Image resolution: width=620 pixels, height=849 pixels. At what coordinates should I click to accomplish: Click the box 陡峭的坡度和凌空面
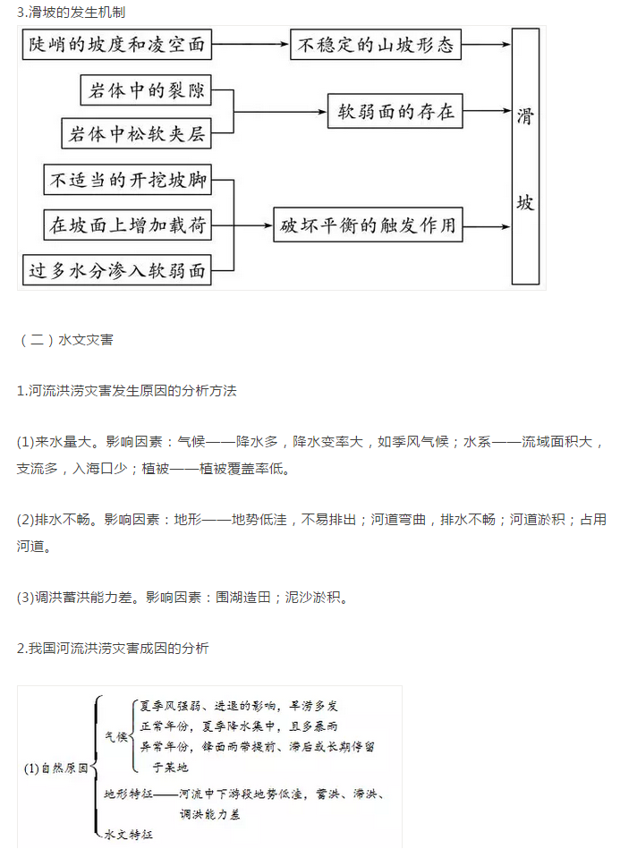[117, 45]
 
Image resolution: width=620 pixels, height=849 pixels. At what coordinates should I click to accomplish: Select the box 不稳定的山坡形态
[376, 45]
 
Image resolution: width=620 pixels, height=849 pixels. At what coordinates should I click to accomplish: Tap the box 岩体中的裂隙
[146, 89]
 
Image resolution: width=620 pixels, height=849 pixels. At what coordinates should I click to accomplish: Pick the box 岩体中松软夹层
[136, 133]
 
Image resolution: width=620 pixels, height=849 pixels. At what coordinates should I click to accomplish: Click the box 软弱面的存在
[395, 111]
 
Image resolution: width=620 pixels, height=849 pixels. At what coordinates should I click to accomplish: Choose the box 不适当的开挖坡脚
[127, 180]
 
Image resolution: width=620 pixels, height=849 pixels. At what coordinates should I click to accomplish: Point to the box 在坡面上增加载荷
[127, 225]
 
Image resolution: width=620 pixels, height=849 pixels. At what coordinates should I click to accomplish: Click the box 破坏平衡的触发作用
[369, 225]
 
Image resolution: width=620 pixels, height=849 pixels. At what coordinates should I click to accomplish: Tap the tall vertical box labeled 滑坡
[525, 157]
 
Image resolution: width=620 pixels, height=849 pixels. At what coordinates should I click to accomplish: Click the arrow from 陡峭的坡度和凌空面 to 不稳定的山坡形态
[251, 45]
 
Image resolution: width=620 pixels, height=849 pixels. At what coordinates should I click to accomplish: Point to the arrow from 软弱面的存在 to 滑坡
[488, 111]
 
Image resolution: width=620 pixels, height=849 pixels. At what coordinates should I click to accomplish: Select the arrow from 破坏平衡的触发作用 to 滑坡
[488, 226]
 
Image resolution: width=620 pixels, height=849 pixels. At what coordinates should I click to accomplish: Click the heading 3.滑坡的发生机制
[71, 12]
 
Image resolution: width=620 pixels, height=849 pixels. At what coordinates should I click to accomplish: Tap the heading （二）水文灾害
[66, 339]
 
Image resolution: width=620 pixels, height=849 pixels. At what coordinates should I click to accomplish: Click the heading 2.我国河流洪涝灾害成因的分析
[113, 648]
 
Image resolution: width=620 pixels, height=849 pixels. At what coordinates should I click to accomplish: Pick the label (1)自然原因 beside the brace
[55, 768]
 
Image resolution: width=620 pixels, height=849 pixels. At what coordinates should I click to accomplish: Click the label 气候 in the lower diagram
[116, 736]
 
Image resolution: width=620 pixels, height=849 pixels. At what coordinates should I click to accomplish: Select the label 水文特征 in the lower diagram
[128, 835]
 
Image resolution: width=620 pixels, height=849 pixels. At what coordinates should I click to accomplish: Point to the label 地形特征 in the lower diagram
[128, 794]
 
